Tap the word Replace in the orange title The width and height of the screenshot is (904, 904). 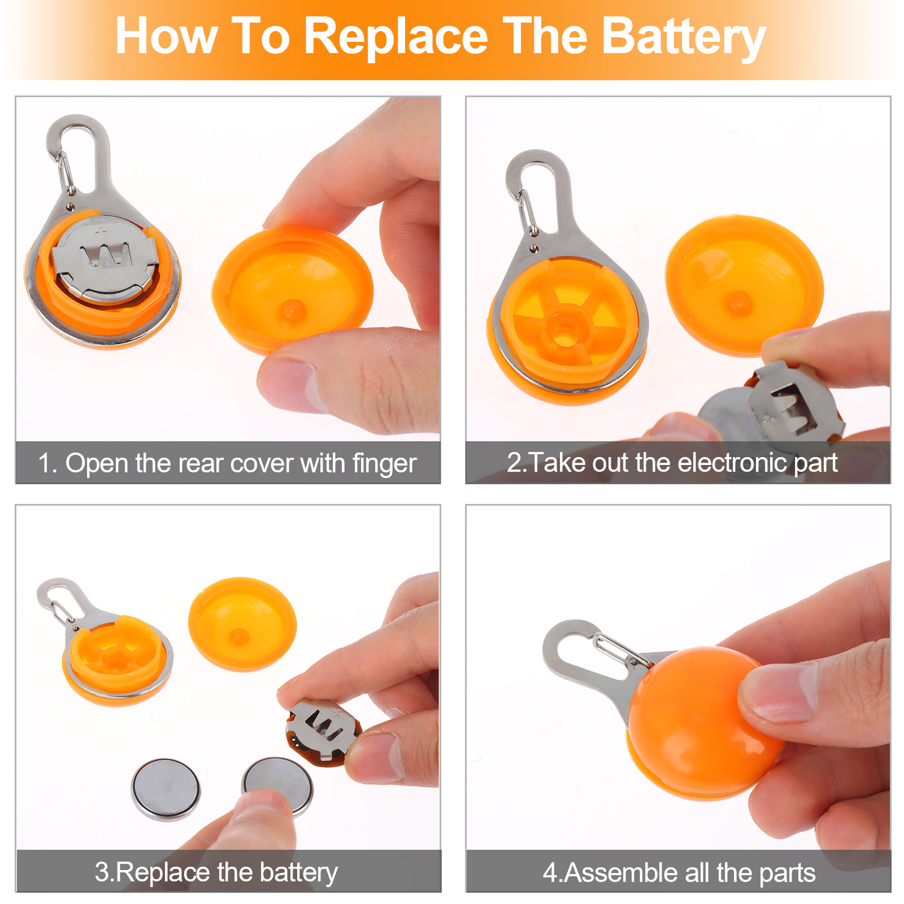(395, 37)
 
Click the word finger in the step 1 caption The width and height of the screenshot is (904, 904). (385, 464)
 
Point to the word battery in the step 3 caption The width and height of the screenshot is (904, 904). (299, 872)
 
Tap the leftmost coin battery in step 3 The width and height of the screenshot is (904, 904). (166, 789)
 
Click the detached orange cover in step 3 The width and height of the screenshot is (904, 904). (242, 623)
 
